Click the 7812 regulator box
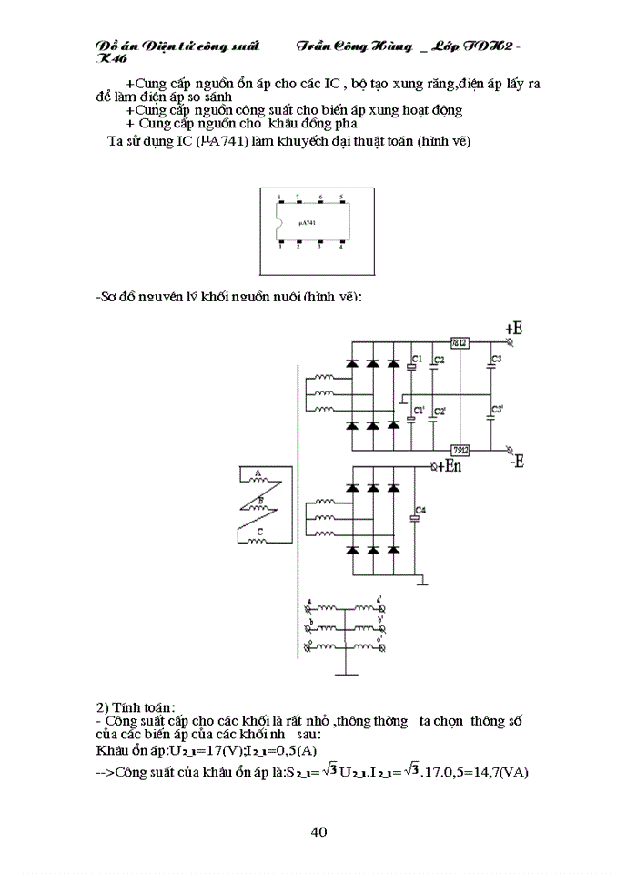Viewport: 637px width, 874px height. (460, 342)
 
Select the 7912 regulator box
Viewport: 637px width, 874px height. (460, 450)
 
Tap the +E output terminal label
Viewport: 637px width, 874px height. (513, 328)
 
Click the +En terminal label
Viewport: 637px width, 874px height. (449, 466)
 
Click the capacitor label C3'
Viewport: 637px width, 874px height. (497, 411)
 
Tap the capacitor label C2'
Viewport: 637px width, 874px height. (439, 412)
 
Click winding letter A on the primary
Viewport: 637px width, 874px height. (258, 473)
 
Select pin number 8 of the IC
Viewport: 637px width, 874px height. (278, 197)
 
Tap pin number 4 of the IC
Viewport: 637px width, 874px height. (340, 247)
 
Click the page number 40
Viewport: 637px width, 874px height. (318, 831)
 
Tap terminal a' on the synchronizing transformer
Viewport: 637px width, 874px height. (381, 602)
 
